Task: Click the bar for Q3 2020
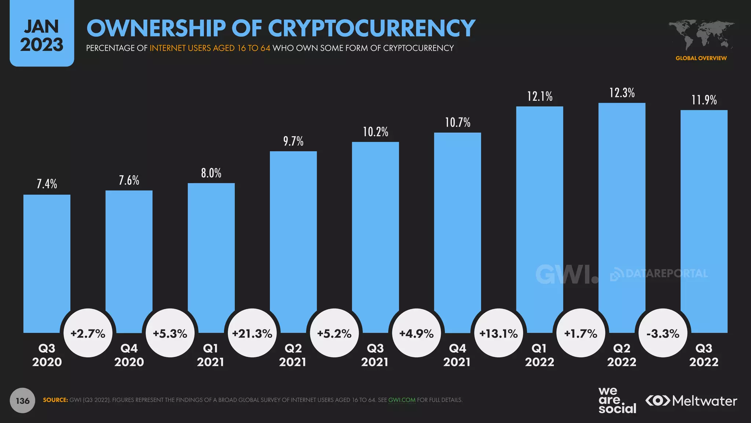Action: click(x=47, y=257)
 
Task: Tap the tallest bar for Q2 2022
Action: click(x=622, y=213)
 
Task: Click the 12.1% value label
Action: click(x=540, y=97)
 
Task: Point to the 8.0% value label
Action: click(x=211, y=173)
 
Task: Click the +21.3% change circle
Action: click(x=252, y=333)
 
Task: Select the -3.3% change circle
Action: click(x=663, y=333)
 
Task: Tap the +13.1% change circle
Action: click(x=499, y=333)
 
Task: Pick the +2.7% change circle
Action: click(x=88, y=333)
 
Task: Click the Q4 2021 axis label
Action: click(x=457, y=355)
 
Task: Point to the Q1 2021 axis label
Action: click(x=210, y=355)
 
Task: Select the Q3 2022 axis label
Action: click(x=704, y=355)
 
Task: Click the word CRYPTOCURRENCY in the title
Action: click(x=371, y=28)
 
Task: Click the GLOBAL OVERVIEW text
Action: click(x=701, y=58)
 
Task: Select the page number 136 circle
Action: click(x=22, y=401)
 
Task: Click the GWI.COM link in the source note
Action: click(x=402, y=400)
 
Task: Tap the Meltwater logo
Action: click(x=692, y=401)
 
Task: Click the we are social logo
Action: click(x=617, y=400)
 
